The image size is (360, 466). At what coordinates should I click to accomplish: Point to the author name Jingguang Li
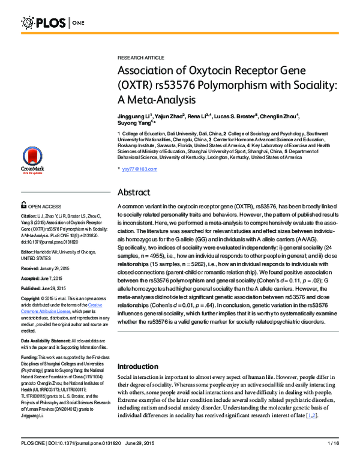coord(136,116)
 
